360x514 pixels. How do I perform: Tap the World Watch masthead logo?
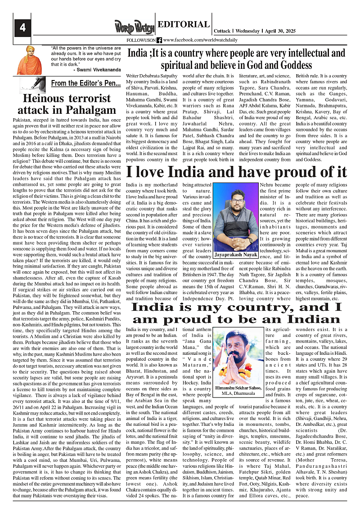[134, 27]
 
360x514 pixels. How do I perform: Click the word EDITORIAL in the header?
[183, 25]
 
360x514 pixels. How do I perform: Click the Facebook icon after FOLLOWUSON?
[159, 40]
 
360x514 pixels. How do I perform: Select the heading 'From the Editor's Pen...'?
[85, 83]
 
